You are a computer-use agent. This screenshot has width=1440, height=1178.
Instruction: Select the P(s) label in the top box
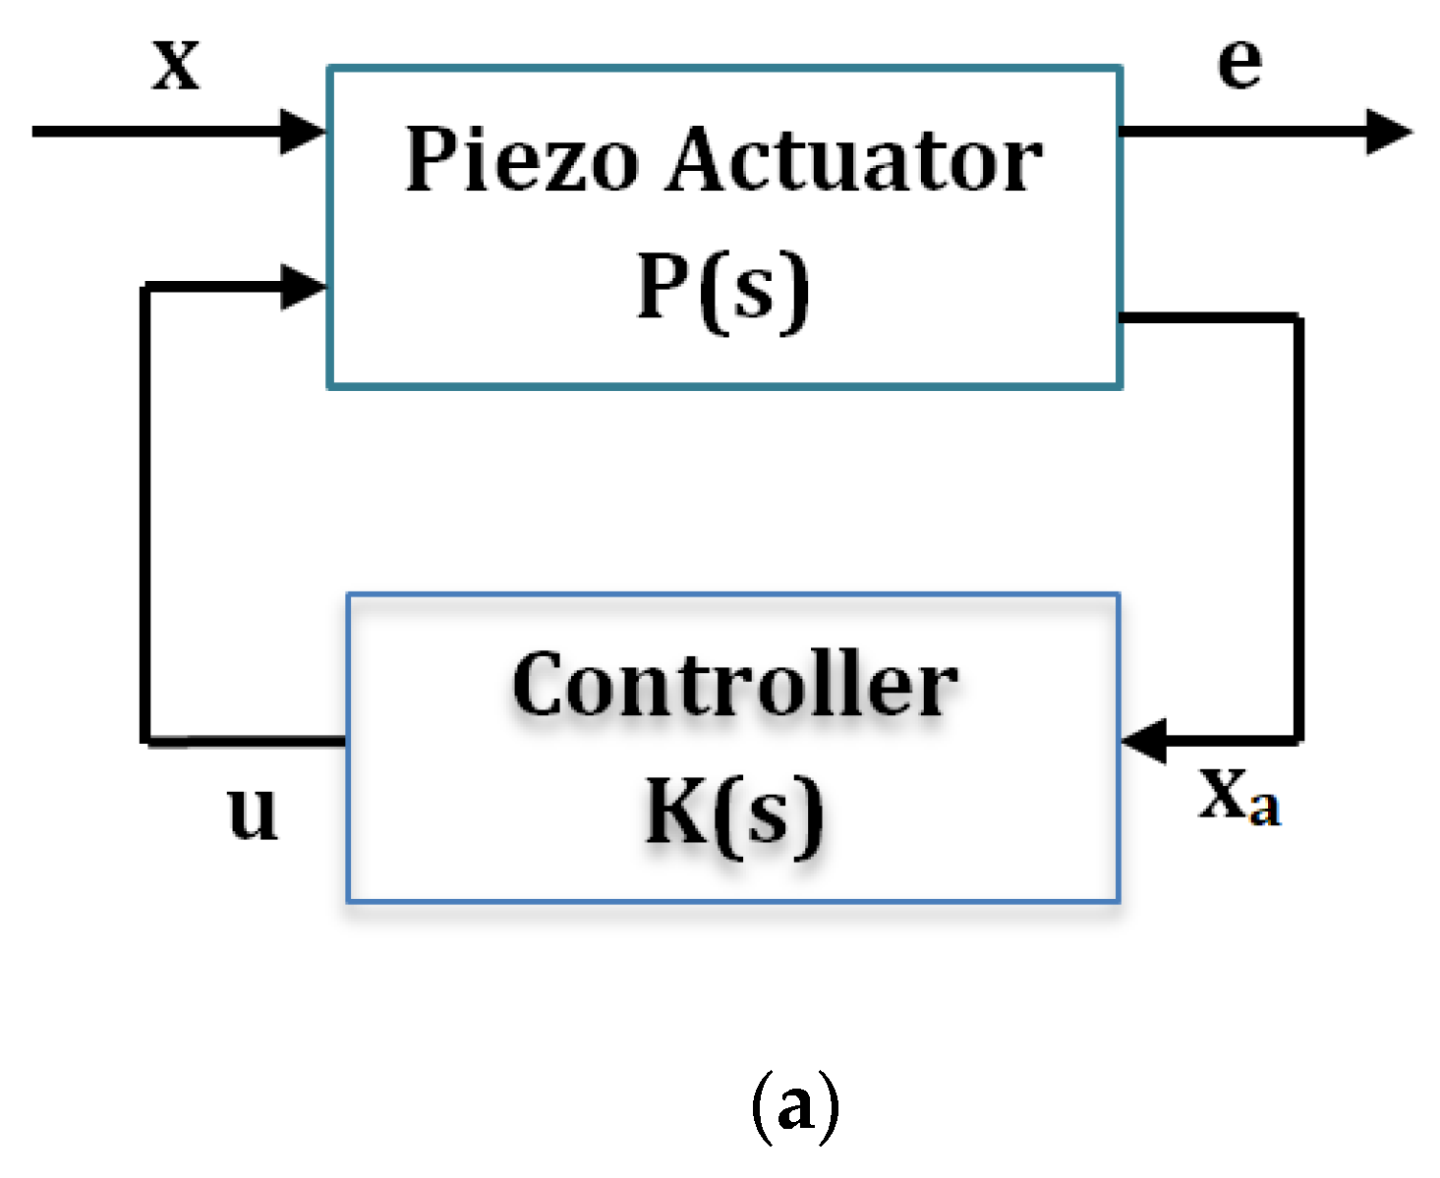coord(723,288)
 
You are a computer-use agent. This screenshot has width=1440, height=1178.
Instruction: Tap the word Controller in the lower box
coord(734,686)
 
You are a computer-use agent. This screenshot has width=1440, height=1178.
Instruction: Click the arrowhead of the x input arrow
coord(303,131)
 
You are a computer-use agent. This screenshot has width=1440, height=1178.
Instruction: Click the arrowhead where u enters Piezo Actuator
coord(303,287)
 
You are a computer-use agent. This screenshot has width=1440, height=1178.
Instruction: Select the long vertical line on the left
coord(145,511)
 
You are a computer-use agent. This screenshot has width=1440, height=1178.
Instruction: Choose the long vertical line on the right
coord(1298,531)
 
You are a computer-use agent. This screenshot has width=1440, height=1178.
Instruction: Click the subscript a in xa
coord(1265,809)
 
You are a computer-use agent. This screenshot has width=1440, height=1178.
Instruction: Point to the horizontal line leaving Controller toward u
coord(246,740)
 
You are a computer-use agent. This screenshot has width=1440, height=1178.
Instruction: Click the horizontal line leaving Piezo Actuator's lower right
coord(1209,316)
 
